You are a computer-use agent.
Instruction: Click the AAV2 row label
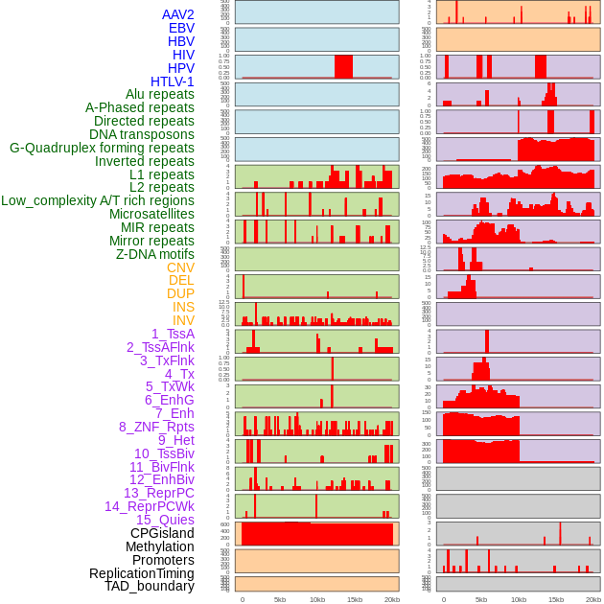(x=177, y=14)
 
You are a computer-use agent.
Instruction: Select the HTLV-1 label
(x=172, y=81)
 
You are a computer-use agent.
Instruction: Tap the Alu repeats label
(x=159, y=94)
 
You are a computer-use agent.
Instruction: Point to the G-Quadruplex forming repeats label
(x=102, y=148)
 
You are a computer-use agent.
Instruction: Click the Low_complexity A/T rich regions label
(x=98, y=200)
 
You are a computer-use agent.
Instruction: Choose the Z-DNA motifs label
(x=155, y=254)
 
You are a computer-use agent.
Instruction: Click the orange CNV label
(x=180, y=267)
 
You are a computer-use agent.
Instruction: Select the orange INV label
(x=183, y=320)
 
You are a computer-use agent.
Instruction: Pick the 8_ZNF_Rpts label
(x=156, y=427)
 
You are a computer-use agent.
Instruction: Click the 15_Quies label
(x=165, y=520)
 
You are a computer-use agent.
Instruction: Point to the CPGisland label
(x=162, y=533)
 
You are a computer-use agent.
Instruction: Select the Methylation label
(x=159, y=546)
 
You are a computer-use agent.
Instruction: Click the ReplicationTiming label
(x=141, y=573)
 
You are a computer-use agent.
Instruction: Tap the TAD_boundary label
(x=150, y=586)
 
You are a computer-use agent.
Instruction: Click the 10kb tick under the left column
(x=317, y=599)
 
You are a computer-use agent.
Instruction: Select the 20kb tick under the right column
(x=593, y=599)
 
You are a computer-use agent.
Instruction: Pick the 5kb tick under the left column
(x=280, y=599)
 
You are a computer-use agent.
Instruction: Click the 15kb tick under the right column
(x=556, y=599)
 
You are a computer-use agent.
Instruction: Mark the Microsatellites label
(x=151, y=214)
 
